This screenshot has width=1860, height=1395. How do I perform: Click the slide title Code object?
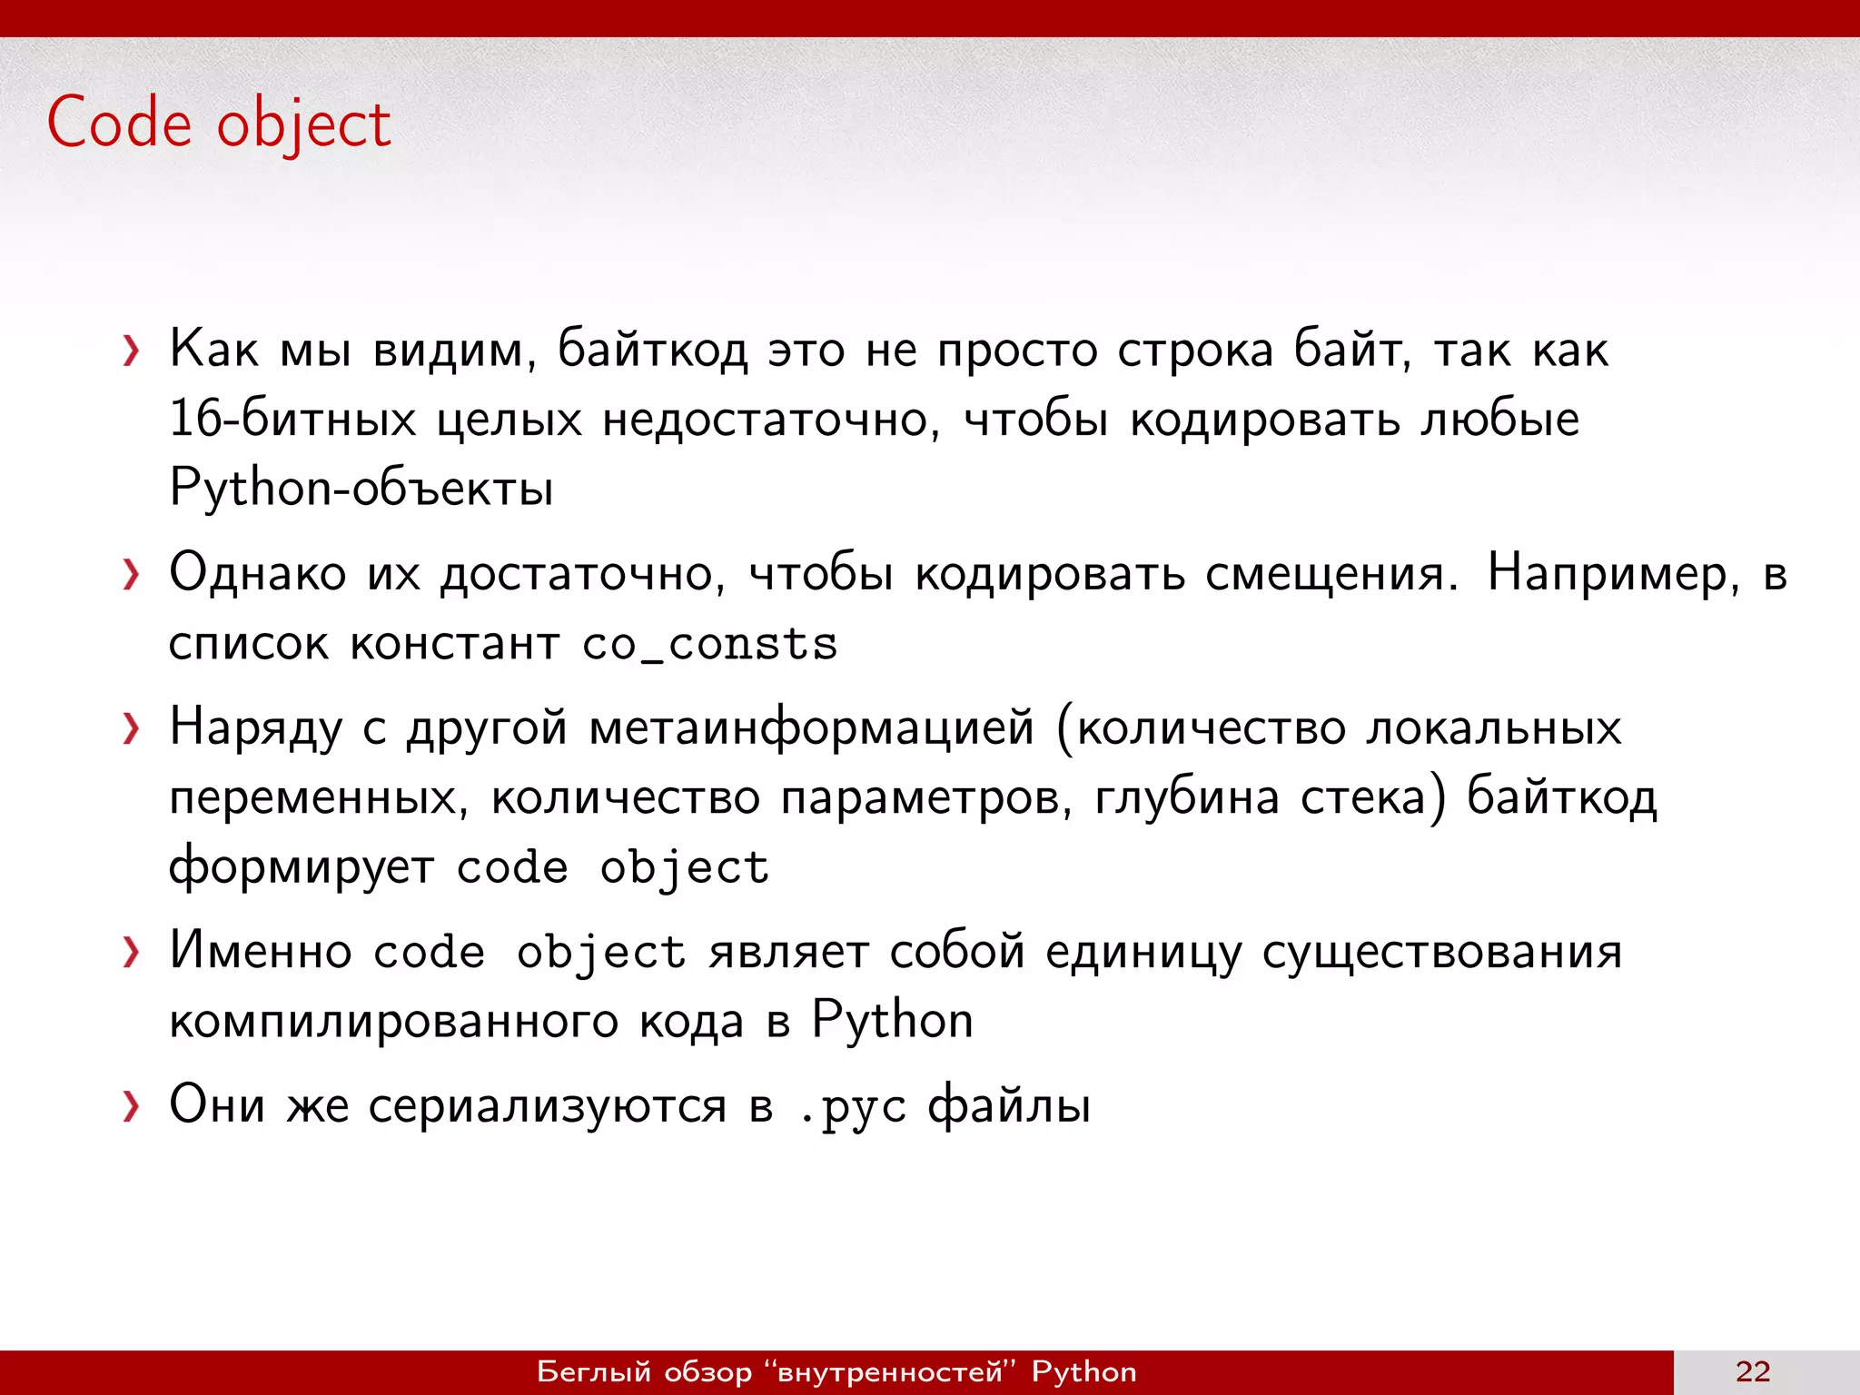coord(218,124)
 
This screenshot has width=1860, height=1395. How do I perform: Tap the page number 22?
coord(1752,1371)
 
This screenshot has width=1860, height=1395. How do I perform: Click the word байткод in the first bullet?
coord(652,351)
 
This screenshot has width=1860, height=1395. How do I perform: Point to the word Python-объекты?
coord(361,489)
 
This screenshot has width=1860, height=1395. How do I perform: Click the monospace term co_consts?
coord(709,645)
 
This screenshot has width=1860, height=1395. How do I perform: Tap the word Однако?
coord(258,574)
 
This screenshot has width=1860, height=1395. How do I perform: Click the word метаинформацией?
coord(811,728)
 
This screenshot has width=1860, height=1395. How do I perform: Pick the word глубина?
coord(1187,797)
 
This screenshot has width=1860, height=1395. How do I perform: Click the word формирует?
coord(302,868)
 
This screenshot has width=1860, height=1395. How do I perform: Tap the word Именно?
coord(261,952)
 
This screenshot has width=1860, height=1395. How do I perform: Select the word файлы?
coord(1008,1106)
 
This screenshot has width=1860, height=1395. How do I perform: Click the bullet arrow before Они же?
coord(133,1106)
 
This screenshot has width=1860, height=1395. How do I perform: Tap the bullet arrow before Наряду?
coord(133,728)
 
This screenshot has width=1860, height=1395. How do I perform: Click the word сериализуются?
coord(547,1106)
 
